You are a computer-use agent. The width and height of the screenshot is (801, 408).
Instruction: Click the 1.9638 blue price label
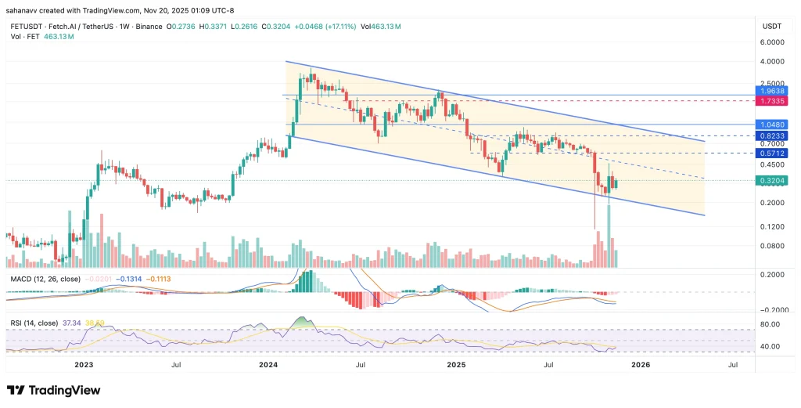click(x=770, y=90)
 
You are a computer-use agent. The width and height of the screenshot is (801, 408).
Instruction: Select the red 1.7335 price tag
click(x=770, y=101)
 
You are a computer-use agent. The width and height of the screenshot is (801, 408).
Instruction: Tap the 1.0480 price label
click(x=770, y=125)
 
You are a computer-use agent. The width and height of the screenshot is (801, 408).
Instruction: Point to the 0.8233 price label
click(x=770, y=135)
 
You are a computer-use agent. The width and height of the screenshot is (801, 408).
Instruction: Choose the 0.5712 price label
click(x=770, y=153)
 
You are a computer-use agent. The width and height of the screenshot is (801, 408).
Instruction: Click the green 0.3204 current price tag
click(x=770, y=180)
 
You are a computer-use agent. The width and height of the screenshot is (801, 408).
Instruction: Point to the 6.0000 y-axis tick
click(x=770, y=42)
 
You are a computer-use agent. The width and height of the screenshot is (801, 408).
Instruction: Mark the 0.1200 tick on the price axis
click(x=770, y=226)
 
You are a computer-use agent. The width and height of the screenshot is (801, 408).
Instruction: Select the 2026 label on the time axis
click(x=640, y=364)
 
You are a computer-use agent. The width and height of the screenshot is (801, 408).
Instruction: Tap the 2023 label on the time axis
click(x=84, y=364)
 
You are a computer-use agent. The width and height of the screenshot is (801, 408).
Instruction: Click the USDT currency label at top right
click(x=770, y=26)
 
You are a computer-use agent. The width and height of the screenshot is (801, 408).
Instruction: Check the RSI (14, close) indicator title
click(x=34, y=322)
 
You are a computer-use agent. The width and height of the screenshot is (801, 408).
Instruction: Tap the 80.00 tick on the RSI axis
click(x=770, y=324)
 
